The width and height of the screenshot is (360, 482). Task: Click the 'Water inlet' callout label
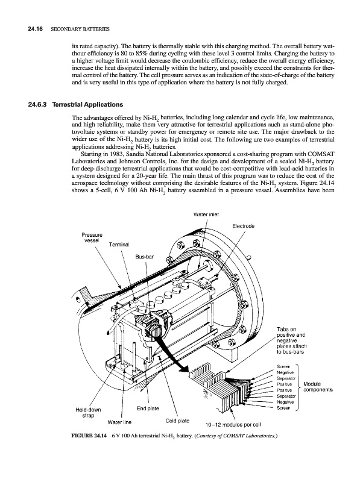[x=206, y=214]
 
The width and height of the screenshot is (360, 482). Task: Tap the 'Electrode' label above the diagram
[x=243, y=227]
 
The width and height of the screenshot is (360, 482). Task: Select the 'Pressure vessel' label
[x=92, y=237]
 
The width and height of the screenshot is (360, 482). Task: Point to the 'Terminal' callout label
[x=119, y=245]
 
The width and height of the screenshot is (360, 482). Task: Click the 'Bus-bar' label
[x=144, y=257]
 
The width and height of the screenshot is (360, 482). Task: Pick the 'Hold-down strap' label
[x=88, y=413]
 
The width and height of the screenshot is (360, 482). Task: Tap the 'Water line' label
[x=119, y=422]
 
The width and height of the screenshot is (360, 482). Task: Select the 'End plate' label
[x=148, y=408]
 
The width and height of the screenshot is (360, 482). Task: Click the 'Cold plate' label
[x=177, y=421]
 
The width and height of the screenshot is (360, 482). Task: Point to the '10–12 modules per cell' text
[x=233, y=425]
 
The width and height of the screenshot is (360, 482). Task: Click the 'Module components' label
[x=318, y=387]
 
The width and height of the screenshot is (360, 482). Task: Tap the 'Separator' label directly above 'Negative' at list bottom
[x=286, y=396]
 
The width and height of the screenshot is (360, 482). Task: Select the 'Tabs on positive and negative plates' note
[x=291, y=340]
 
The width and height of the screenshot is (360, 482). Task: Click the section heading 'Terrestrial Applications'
[x=87, y=104]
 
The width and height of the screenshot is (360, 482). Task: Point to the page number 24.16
[x=34, y=29]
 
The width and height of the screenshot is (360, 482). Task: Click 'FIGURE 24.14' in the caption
[x=89, y=436]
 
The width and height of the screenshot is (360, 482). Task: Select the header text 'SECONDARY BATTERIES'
[x=80, y=29]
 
